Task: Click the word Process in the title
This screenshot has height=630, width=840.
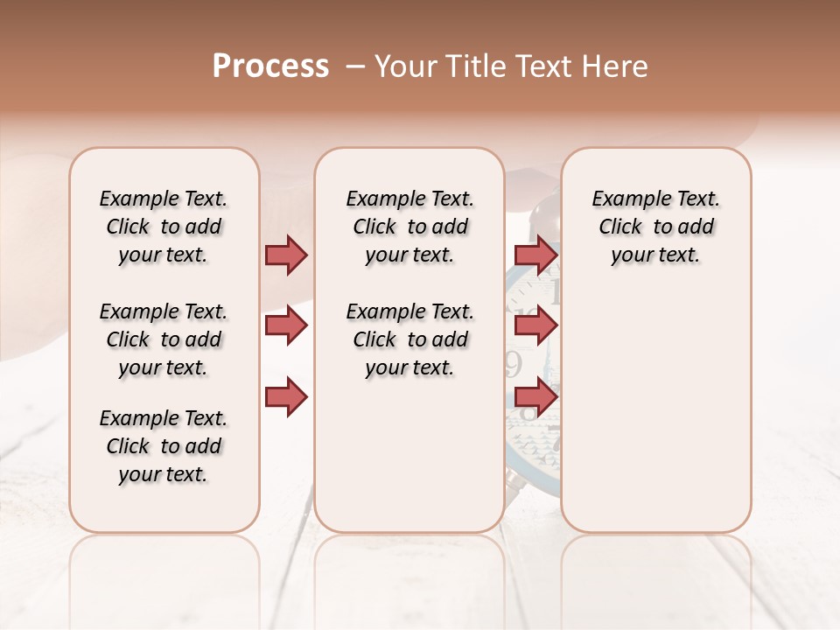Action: [x=270, y=66]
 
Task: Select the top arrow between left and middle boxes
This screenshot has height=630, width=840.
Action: [x=286, y=255]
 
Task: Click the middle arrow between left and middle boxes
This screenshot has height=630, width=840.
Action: [x=286, y=326]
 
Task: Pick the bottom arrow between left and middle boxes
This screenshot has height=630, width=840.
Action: [x=286, y=396]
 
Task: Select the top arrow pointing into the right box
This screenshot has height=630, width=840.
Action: [x=535, y=255]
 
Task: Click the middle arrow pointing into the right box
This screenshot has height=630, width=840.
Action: [x=535, y=326]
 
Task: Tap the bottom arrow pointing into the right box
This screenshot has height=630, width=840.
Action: [x=535, y=396]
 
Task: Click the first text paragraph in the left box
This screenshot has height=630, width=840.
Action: [x=164, y=227]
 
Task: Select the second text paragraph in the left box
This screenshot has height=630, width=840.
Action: [x=164, y=339]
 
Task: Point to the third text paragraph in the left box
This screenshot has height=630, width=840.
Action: [x=164, y=446]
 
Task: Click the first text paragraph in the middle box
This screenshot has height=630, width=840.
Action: [x=409, y=227]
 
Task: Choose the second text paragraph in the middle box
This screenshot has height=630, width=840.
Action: [x=409, y=339]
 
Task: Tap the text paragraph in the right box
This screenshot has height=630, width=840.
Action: [x=655, y=227]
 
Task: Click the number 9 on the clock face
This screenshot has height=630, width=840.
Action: [x=514, y=361]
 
